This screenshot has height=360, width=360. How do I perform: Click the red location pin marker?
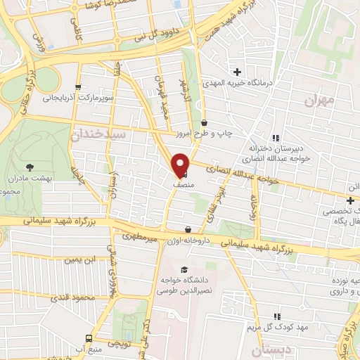[x=181, y=165]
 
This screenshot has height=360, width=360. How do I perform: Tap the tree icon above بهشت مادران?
[x=30, y=167]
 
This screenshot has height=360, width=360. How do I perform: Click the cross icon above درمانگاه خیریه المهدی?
[x=237, y=71]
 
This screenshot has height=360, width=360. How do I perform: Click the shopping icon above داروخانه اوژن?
[x=188, y=229]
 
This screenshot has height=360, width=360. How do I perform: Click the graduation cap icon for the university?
[x=184, y=270]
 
